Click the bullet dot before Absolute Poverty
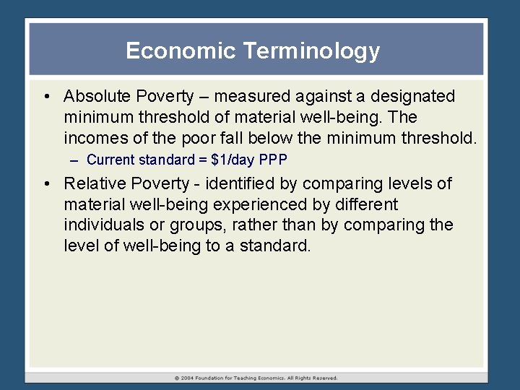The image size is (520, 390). coord(46,96)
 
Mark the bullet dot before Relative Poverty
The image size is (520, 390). coord(46,183)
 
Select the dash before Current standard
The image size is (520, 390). coord(75,160)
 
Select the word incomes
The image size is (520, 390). coord(92,137)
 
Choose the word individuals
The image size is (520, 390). coord(100,225)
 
